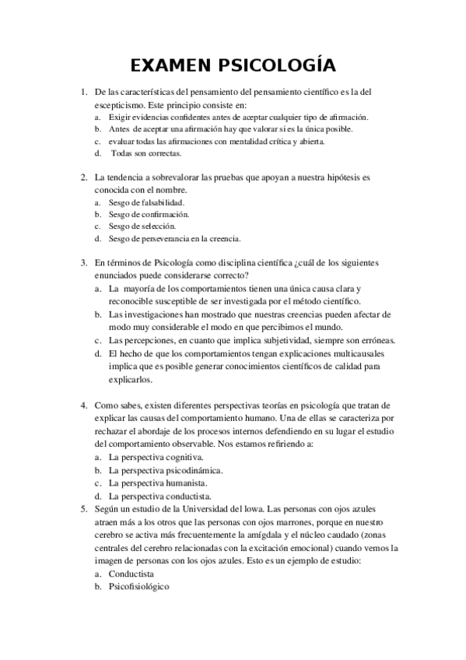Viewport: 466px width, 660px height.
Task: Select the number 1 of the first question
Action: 83,93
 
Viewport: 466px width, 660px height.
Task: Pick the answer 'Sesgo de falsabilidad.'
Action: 145,202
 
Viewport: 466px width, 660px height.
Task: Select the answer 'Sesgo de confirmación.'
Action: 149,214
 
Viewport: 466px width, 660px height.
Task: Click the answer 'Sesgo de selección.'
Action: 142,226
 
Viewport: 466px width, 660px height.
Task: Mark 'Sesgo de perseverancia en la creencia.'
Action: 174,238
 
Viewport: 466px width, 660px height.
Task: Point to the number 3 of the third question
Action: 83,263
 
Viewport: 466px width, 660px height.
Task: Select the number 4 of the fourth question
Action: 83,406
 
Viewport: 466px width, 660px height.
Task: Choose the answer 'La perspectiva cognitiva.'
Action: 156,457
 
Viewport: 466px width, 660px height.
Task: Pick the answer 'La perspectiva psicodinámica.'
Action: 166,470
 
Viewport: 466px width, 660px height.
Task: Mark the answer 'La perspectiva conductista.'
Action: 159,496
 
